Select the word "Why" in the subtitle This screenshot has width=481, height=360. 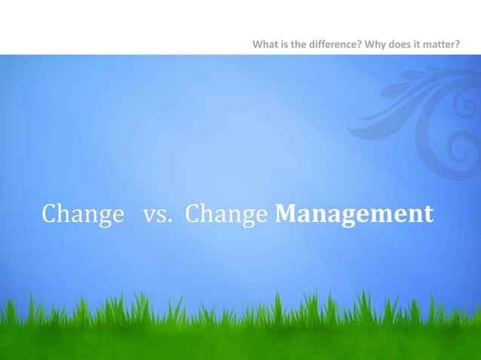(x=374, y=44)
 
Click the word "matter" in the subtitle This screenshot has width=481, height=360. (x=440, y=44)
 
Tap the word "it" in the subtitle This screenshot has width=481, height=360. (x=418, y=44)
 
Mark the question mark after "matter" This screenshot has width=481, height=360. (x=458, y=44)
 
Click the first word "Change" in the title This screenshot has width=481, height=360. (x=83, y=215)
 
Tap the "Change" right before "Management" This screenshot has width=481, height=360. (x=226, y=215)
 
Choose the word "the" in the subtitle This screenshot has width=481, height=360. (x=297, y=44)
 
